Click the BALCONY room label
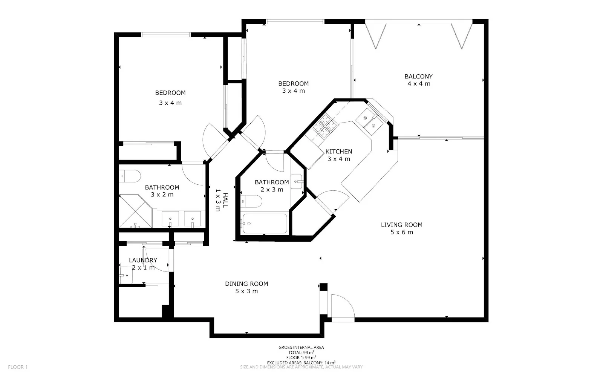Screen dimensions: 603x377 click(418, 77)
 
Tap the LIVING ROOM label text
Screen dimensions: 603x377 click(402, 225)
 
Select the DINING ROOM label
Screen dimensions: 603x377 click(246, 284)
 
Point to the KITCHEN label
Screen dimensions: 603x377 click(339, 152)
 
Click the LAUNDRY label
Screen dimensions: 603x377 click(143, 260)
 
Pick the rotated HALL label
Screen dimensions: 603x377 click(225, 200)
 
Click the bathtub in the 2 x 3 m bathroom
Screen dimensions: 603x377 click(265, 223)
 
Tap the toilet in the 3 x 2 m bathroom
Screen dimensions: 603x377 click(130, 176)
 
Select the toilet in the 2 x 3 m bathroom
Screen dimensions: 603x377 click(251, 201)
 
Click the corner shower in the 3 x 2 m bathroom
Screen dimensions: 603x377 click(135, 211)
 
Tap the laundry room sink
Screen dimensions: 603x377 click(126, 275)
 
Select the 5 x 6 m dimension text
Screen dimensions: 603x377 click(402, 232)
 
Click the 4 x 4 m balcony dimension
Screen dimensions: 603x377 click(419, 84)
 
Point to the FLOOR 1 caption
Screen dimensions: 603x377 click(18, 367)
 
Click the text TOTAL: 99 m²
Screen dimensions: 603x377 click(301, 352)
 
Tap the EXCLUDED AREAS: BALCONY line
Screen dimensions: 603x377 click(301, 362)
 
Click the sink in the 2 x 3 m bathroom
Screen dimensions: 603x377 click(296, 181)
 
